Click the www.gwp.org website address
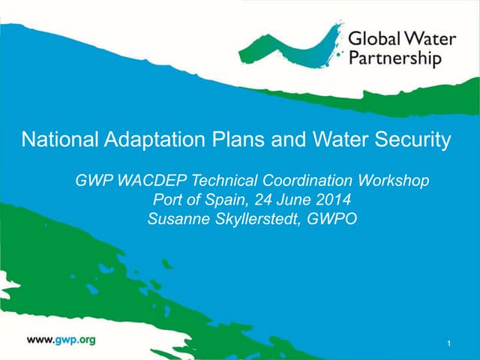coord(61,340)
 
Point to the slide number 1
coord(447,343)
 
